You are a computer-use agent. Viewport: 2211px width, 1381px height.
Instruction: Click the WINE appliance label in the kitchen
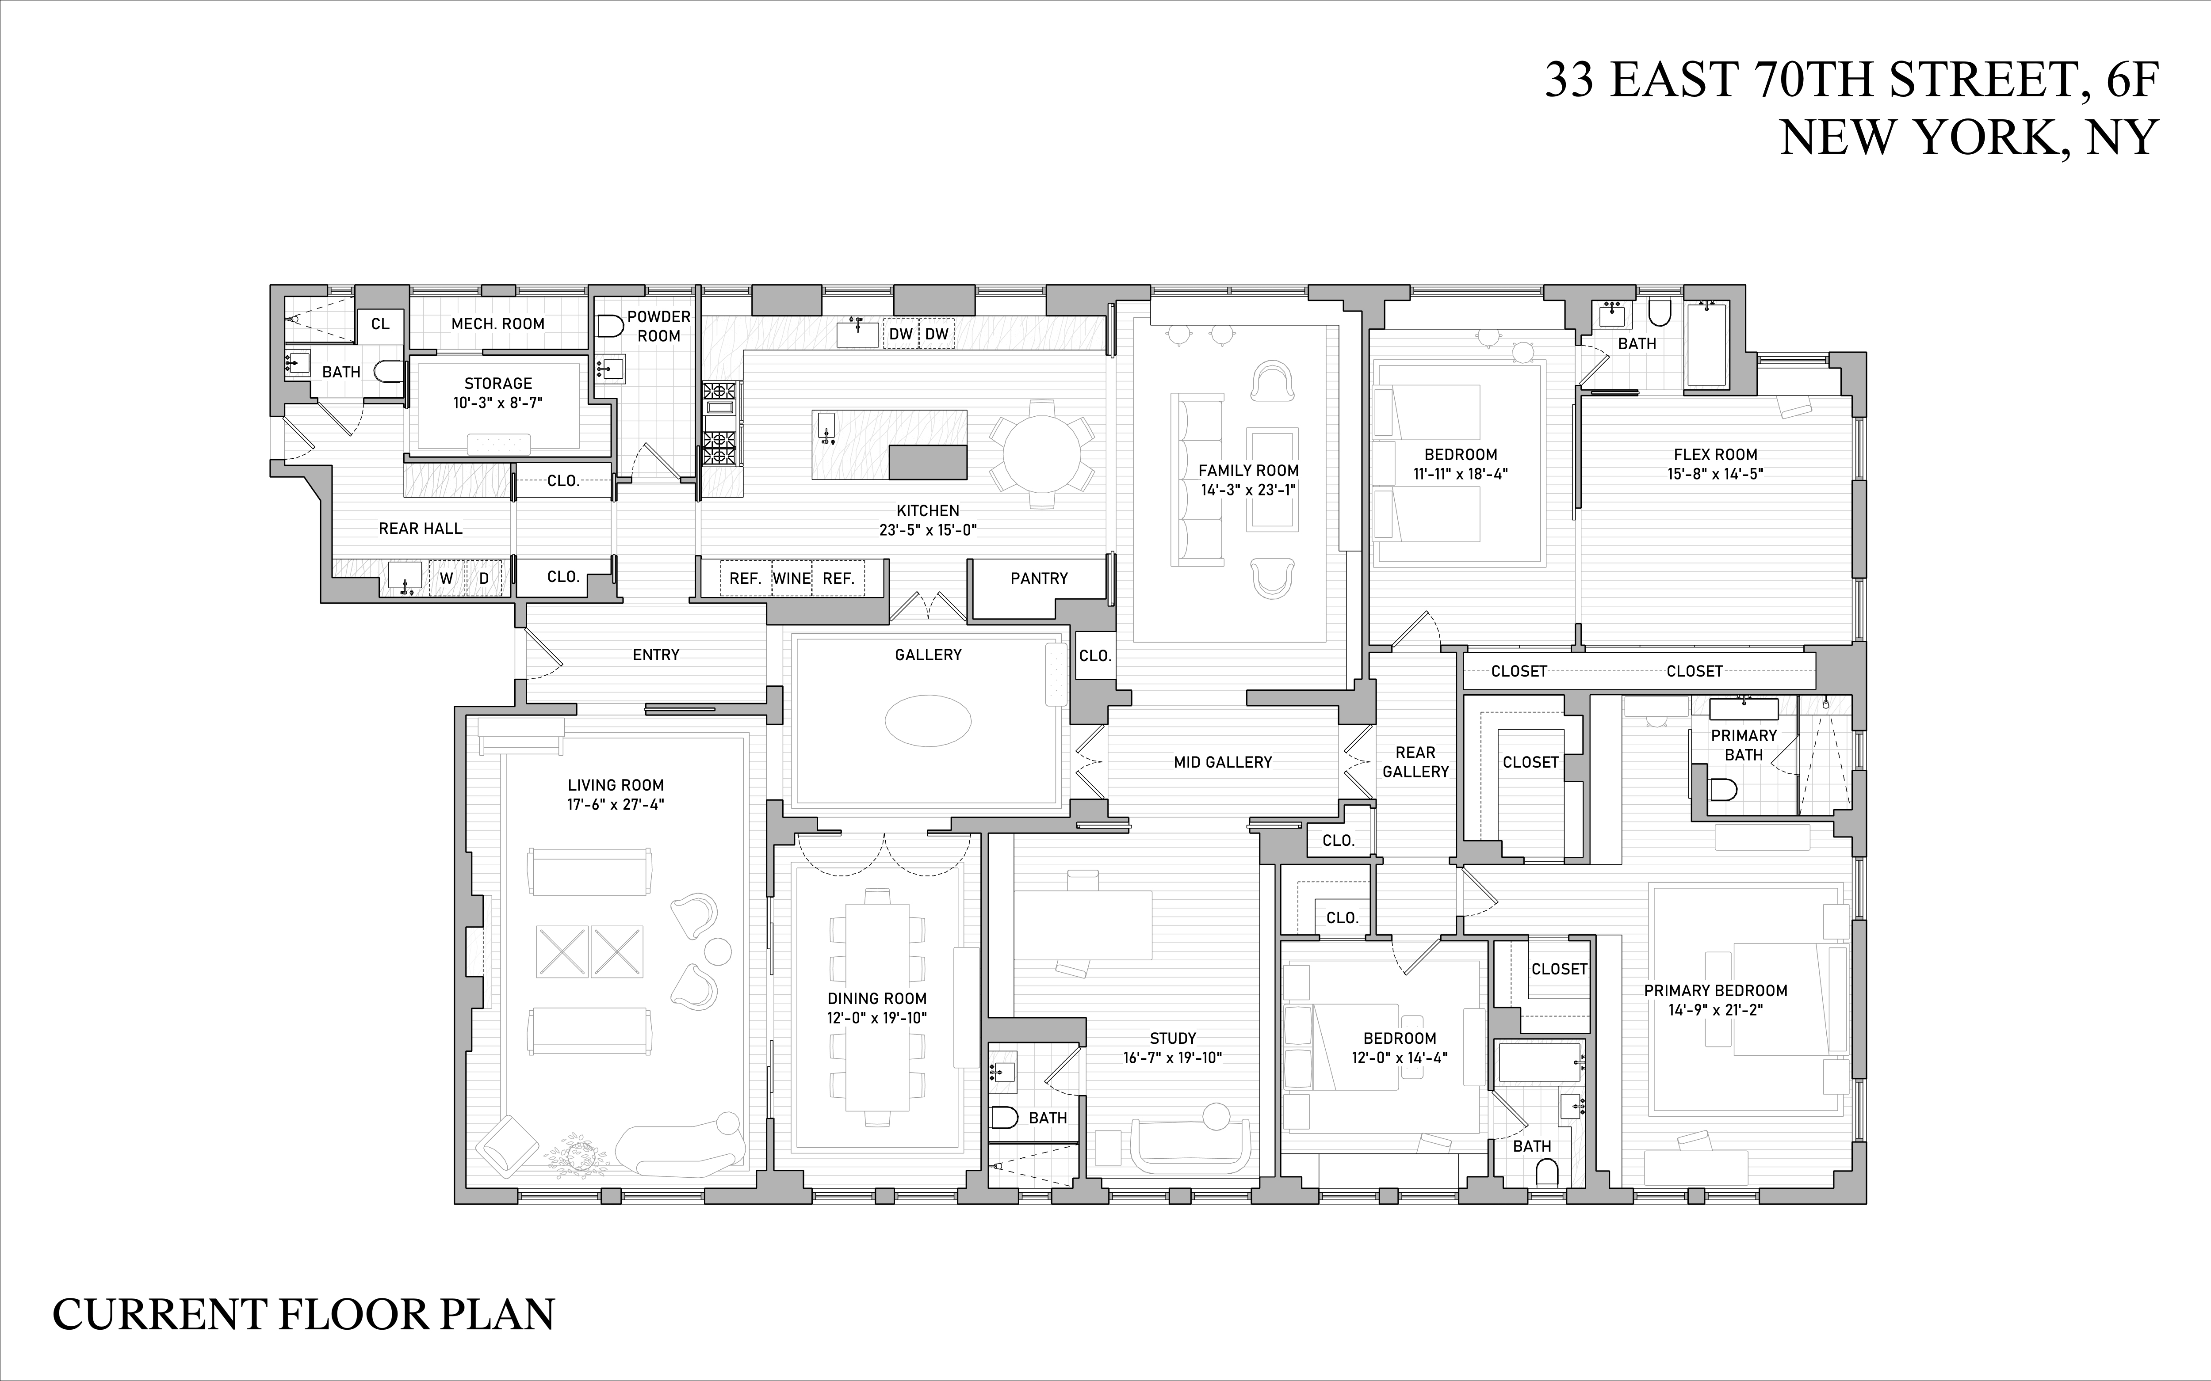tap(791, 578)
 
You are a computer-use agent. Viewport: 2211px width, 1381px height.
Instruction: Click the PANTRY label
tap(1039, 578)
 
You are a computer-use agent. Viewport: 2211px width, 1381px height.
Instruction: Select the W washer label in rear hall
tap(447, 578)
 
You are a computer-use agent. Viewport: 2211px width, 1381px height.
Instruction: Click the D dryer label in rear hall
tap(484, 578)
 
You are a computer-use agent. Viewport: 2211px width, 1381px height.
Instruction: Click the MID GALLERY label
tap(1222, 762)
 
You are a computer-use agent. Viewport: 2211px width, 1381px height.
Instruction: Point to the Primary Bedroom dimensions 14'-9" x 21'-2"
tap(1715, 1010)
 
